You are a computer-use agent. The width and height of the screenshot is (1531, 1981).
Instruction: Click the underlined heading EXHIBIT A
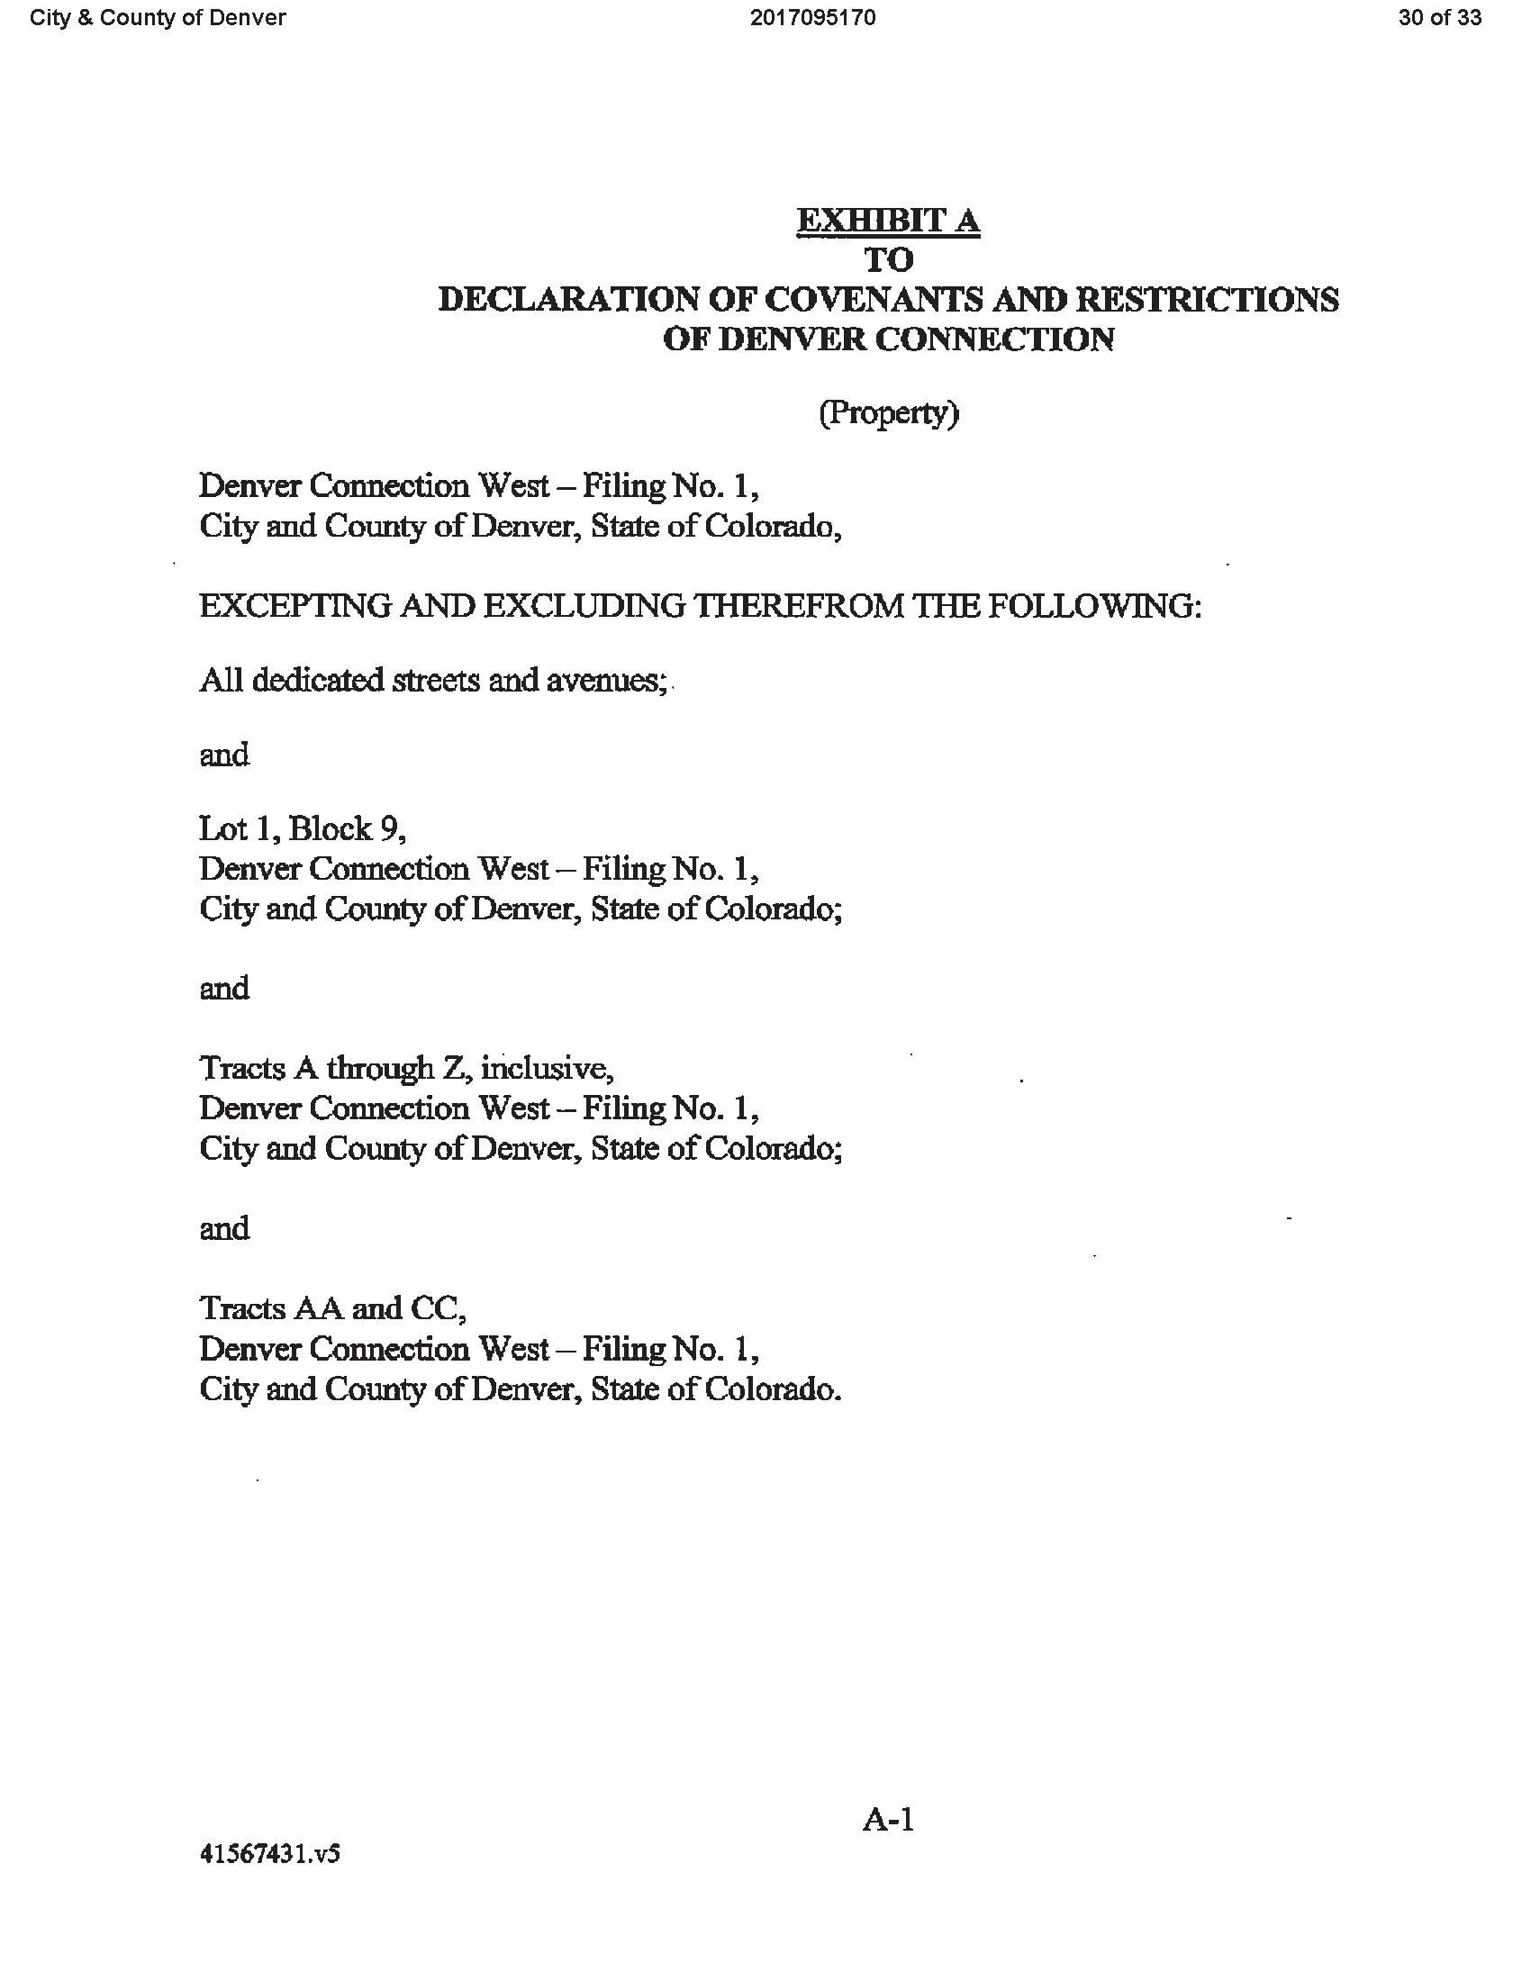point(888,221)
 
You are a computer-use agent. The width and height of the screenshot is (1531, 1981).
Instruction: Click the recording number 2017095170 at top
point(812,18)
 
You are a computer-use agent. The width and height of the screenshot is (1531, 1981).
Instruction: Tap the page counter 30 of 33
point(1439,18)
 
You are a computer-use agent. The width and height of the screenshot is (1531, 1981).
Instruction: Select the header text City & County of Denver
point(158,18)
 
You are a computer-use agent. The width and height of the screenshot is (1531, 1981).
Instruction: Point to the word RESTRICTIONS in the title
point(1215,299)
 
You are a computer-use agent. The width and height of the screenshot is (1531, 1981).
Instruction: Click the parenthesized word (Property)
point(889,413)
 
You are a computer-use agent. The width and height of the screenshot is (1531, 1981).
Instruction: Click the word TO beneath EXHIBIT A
point(888,260)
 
